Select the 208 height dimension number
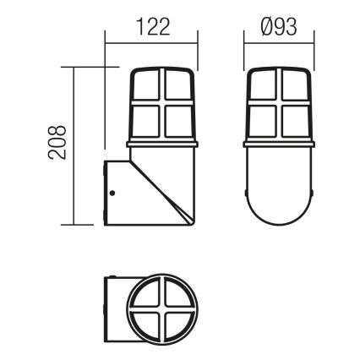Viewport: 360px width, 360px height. click(57, 145)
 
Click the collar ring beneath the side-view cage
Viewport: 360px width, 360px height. click(163, 144)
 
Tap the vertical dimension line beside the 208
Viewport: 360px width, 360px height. click(76, 145)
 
